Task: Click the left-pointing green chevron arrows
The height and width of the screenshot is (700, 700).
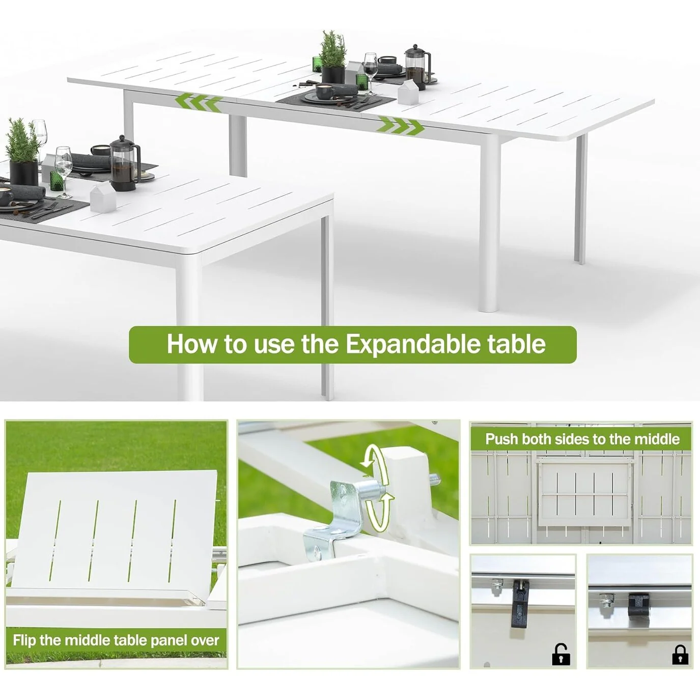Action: pyautogui.click(x=199, y=102)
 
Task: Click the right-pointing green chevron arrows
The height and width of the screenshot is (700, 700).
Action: pyautogui.click(x=400, y=126)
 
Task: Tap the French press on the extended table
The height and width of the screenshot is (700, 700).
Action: pyautogui.click(x=416, y=66)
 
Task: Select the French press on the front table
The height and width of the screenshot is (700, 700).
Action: pyautogui.click(x=124, y=163)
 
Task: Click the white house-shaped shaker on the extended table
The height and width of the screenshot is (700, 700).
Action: pyautogui.click(x=408, y=93)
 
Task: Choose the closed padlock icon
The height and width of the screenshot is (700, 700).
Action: pyautogui.click(x=680, y=655)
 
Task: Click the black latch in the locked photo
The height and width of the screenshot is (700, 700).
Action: pyautogui.click(x=638, y=604)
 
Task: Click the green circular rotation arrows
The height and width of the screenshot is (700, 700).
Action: pyautogui.click(x=377, y=486)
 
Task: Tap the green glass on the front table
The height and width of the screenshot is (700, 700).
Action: pyautogui.click(x=55, y=181)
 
